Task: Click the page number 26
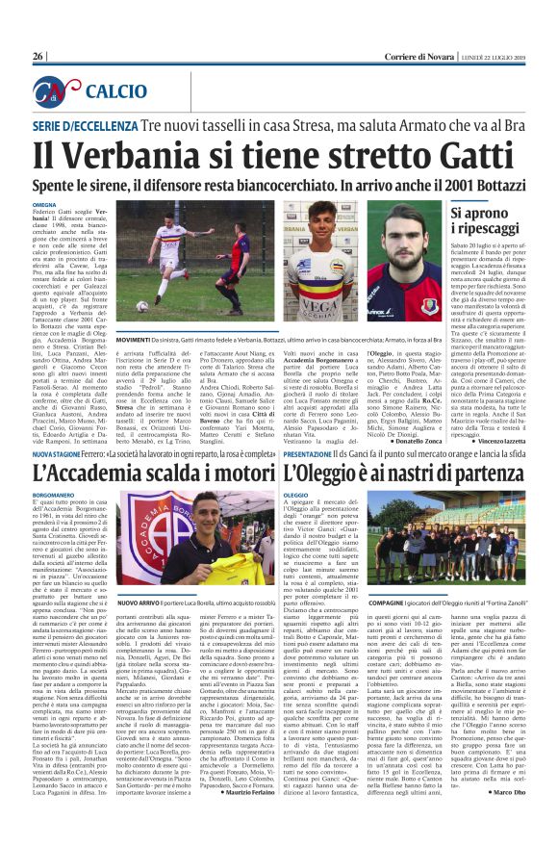click(38, 57)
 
